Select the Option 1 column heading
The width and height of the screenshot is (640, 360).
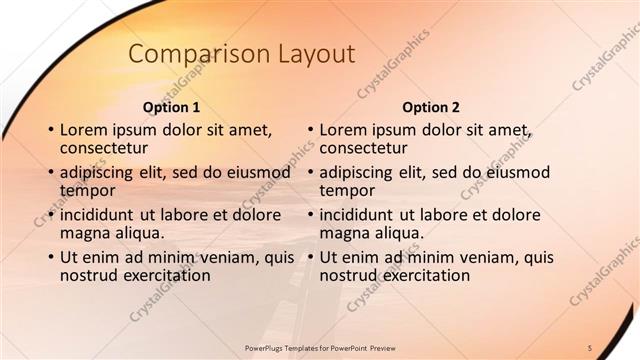(x=172, y=107)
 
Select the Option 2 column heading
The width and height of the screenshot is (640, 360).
(x=430, y=107)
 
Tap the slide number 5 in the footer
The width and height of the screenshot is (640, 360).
(x=590, y=347)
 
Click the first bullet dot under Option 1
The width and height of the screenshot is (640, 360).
(x=50, y=131)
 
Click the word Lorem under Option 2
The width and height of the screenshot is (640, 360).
(x=343, y=130)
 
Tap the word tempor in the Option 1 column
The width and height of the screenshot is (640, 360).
(x=87, y=190)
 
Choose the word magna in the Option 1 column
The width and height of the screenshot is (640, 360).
(x=85, y=233)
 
